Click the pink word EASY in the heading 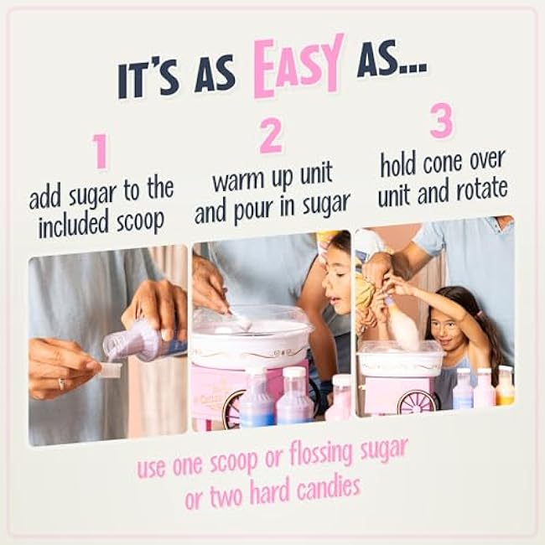pyautogui.click(x=298, y=66)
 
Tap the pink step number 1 pyautogui.click(x=101, y=151)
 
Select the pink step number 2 pyautogui.click(x=271, y=136)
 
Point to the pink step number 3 pyautogui.click(x=442, y=120)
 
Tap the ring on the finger pyautogui.click(x=61, y=384)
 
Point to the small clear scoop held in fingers pyautogui.click(x=112, y=370)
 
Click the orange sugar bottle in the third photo pyautogui.click(x=505, y=386)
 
